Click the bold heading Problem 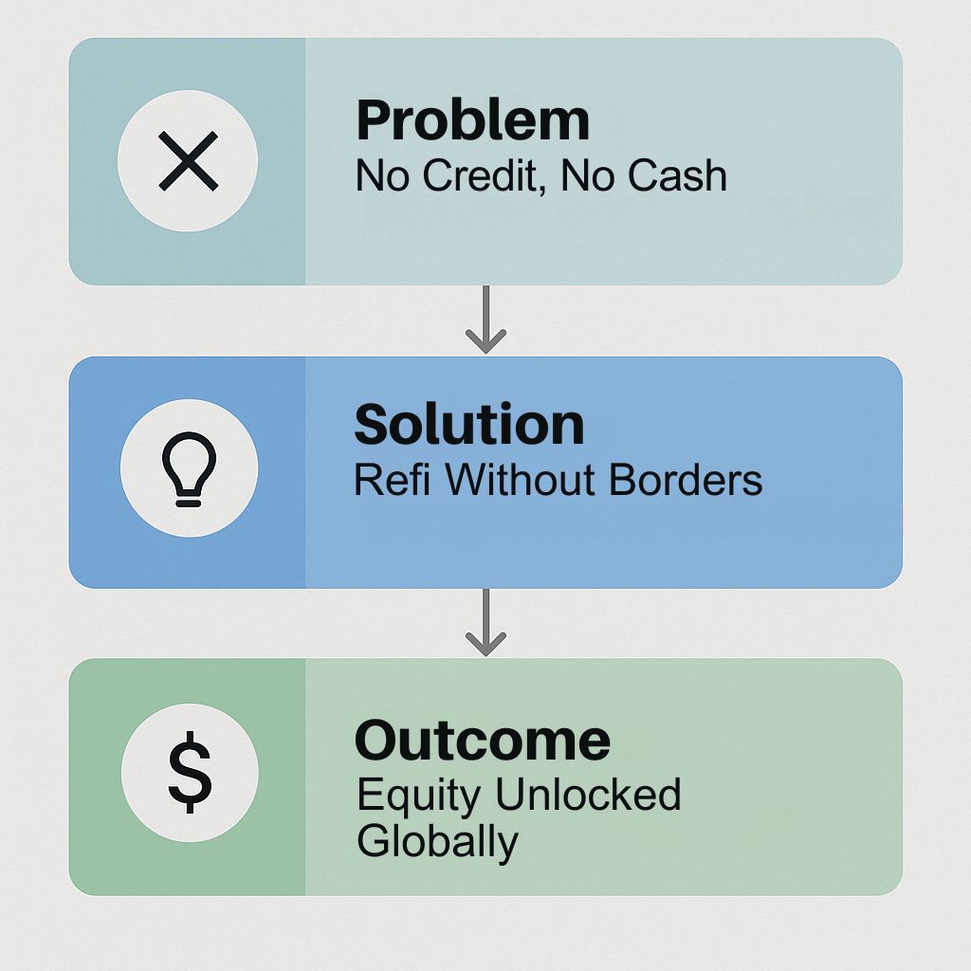472,120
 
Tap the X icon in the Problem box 189,160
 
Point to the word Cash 677,174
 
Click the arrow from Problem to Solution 486,319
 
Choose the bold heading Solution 468,424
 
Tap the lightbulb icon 189,469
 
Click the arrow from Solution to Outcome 486,622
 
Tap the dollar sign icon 190,772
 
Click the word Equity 418,797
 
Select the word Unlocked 588,794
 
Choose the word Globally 437,843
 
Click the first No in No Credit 382,175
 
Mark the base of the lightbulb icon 189,500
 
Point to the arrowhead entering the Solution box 486,341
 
